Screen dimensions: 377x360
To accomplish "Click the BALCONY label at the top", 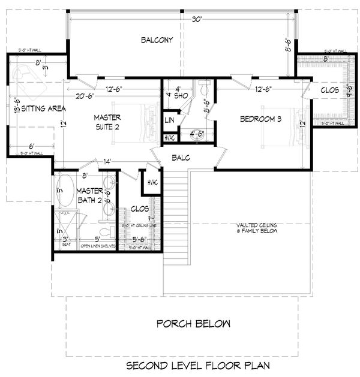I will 157,40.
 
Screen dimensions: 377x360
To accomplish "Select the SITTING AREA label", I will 43,108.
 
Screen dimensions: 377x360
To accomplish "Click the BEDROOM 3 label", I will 260,119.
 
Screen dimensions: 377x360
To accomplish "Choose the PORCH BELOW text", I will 193,324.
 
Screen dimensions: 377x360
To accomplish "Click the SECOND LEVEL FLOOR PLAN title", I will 198,365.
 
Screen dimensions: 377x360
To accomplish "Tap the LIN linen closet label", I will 170,120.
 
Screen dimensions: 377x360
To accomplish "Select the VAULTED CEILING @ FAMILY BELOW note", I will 256,228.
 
